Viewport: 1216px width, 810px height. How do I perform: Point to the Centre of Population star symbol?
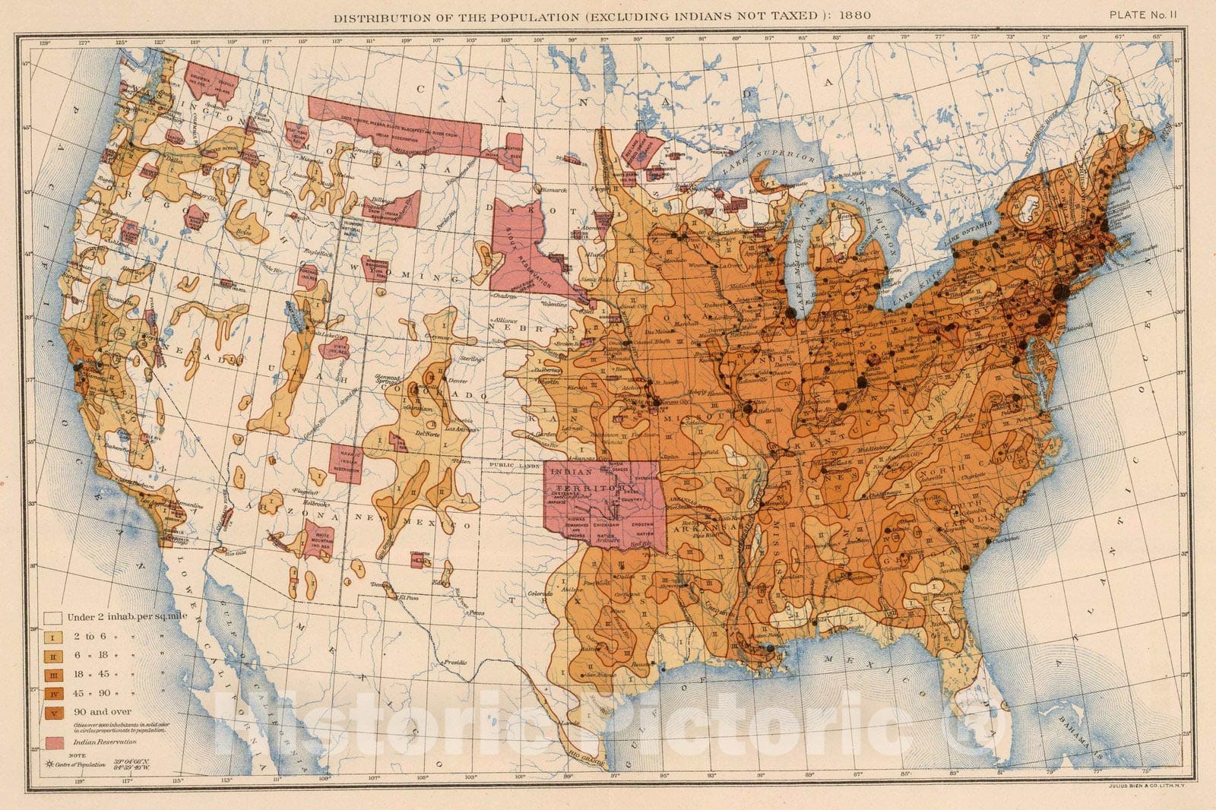pos(50,762)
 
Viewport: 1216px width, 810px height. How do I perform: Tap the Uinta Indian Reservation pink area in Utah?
pos(334,348)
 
